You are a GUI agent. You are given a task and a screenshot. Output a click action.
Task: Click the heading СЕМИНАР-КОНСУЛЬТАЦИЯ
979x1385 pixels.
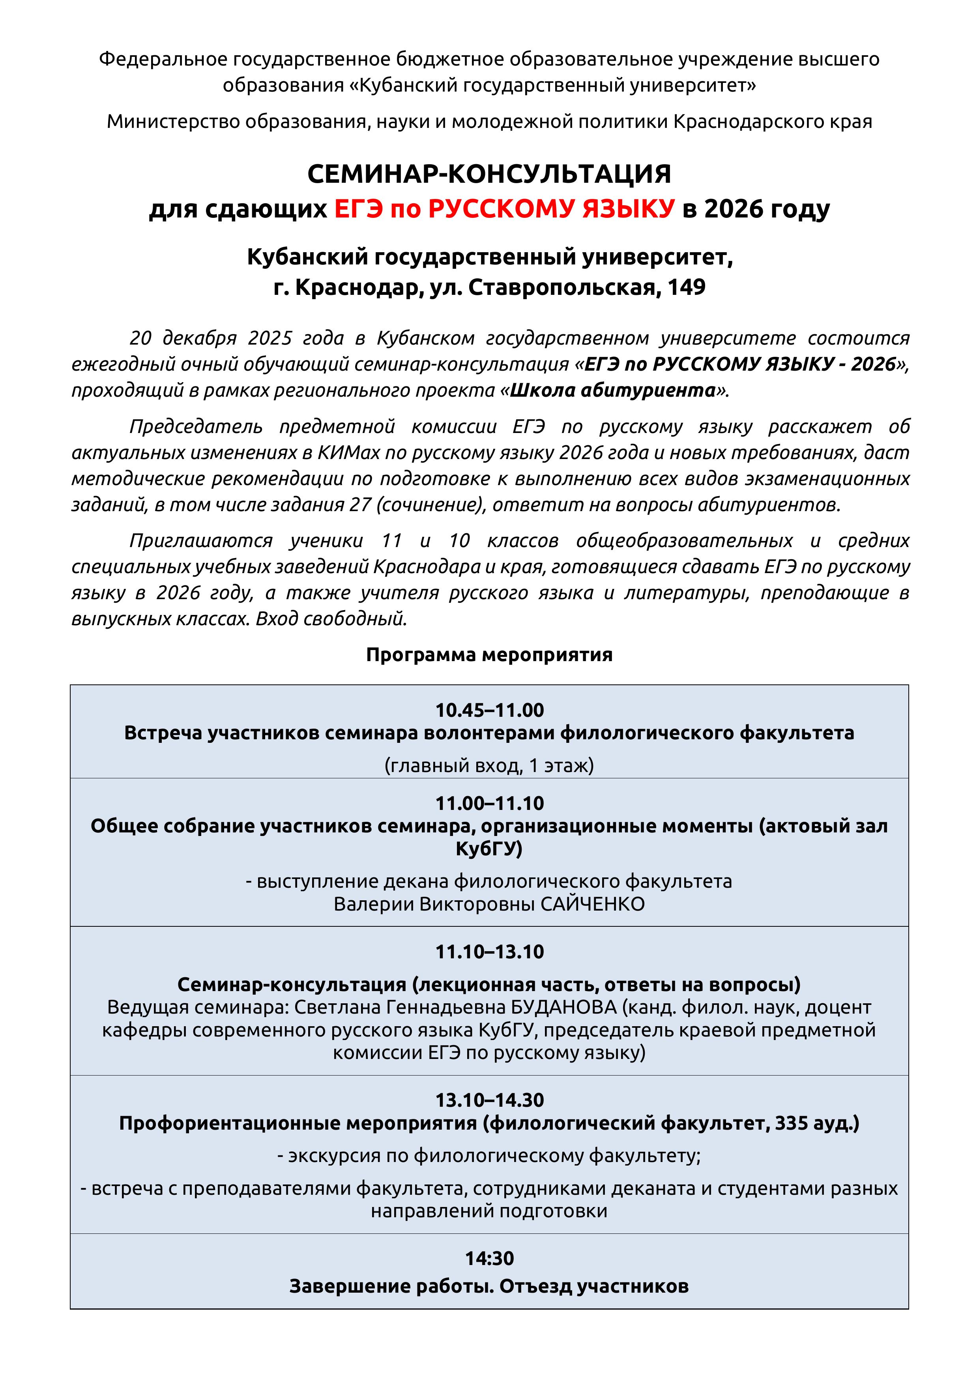tap(489, 174)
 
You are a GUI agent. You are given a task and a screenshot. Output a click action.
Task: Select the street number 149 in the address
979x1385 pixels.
tap(687, 287)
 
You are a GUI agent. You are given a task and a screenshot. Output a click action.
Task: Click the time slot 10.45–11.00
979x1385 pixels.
tap(489, 710)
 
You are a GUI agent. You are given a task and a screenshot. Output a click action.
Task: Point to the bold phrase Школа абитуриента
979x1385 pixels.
tap(612, 390)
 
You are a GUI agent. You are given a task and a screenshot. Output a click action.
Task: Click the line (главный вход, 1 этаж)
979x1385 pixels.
tap(489, 765)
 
